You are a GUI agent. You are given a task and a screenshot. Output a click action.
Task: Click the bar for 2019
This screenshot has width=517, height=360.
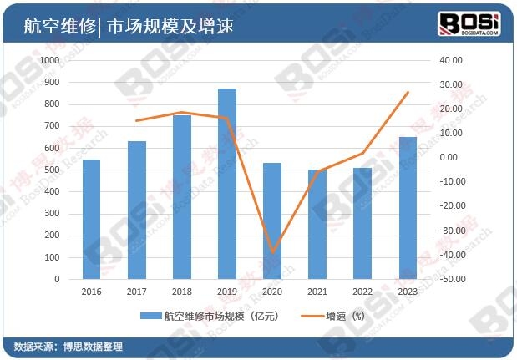[227, 184]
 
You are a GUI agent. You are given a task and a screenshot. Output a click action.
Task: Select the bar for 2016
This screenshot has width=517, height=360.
[91, 219]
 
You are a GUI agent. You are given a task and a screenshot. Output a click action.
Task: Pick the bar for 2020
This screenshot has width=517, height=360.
[272, 221]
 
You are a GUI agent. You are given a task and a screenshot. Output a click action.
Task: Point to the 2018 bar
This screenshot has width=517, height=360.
[182, 197]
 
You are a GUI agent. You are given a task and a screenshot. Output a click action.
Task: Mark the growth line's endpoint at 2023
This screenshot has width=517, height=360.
[408, 92]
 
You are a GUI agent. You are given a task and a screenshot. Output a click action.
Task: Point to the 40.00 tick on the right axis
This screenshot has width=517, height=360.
[451, 61]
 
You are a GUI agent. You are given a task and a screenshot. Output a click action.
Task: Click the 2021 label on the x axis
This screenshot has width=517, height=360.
[317, 292]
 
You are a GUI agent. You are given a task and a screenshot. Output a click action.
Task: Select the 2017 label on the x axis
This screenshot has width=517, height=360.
[136, 292]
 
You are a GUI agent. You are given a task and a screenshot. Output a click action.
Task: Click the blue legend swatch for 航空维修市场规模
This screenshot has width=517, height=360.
[150, 317]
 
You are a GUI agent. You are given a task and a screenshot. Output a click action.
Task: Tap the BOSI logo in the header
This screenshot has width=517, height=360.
[470, 23]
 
